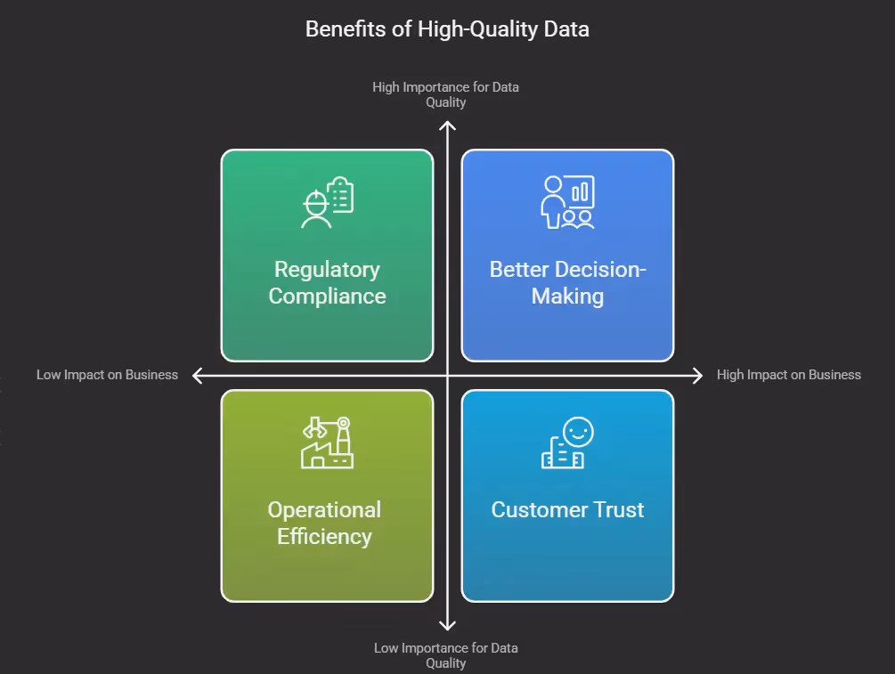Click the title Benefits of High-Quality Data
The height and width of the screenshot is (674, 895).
[x=447, y=28]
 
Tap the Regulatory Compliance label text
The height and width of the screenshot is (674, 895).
[x=327, y=282]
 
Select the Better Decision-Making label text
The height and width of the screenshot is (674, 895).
[x=567, y=282]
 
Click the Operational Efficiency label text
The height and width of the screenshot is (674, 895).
[x=324, y=523]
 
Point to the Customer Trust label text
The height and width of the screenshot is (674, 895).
[x=567, y=510]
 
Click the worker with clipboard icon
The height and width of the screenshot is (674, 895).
[x=327, y=202]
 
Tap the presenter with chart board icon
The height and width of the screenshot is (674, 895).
[x=567, y=202]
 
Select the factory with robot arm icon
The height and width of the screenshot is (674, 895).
[x=327, y=443]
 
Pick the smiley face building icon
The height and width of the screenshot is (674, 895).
[x=567, y=443]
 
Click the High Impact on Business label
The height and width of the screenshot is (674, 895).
[x=788, y=375]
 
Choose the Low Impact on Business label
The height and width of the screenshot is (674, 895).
[x=107, y=375]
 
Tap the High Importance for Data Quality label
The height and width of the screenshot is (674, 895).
[x=445, y=94]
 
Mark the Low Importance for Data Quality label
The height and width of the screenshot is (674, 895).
[x=445, y=655]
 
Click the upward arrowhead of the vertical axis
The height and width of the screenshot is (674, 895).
[x=447, y=126]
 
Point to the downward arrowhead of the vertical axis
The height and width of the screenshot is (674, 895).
[x=447, y=626]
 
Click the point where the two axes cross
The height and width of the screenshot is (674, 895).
[x=447, y=376]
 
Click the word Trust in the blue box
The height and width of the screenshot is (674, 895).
[x=615, y=510]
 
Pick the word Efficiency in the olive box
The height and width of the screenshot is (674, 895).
[x=324, y=536]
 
